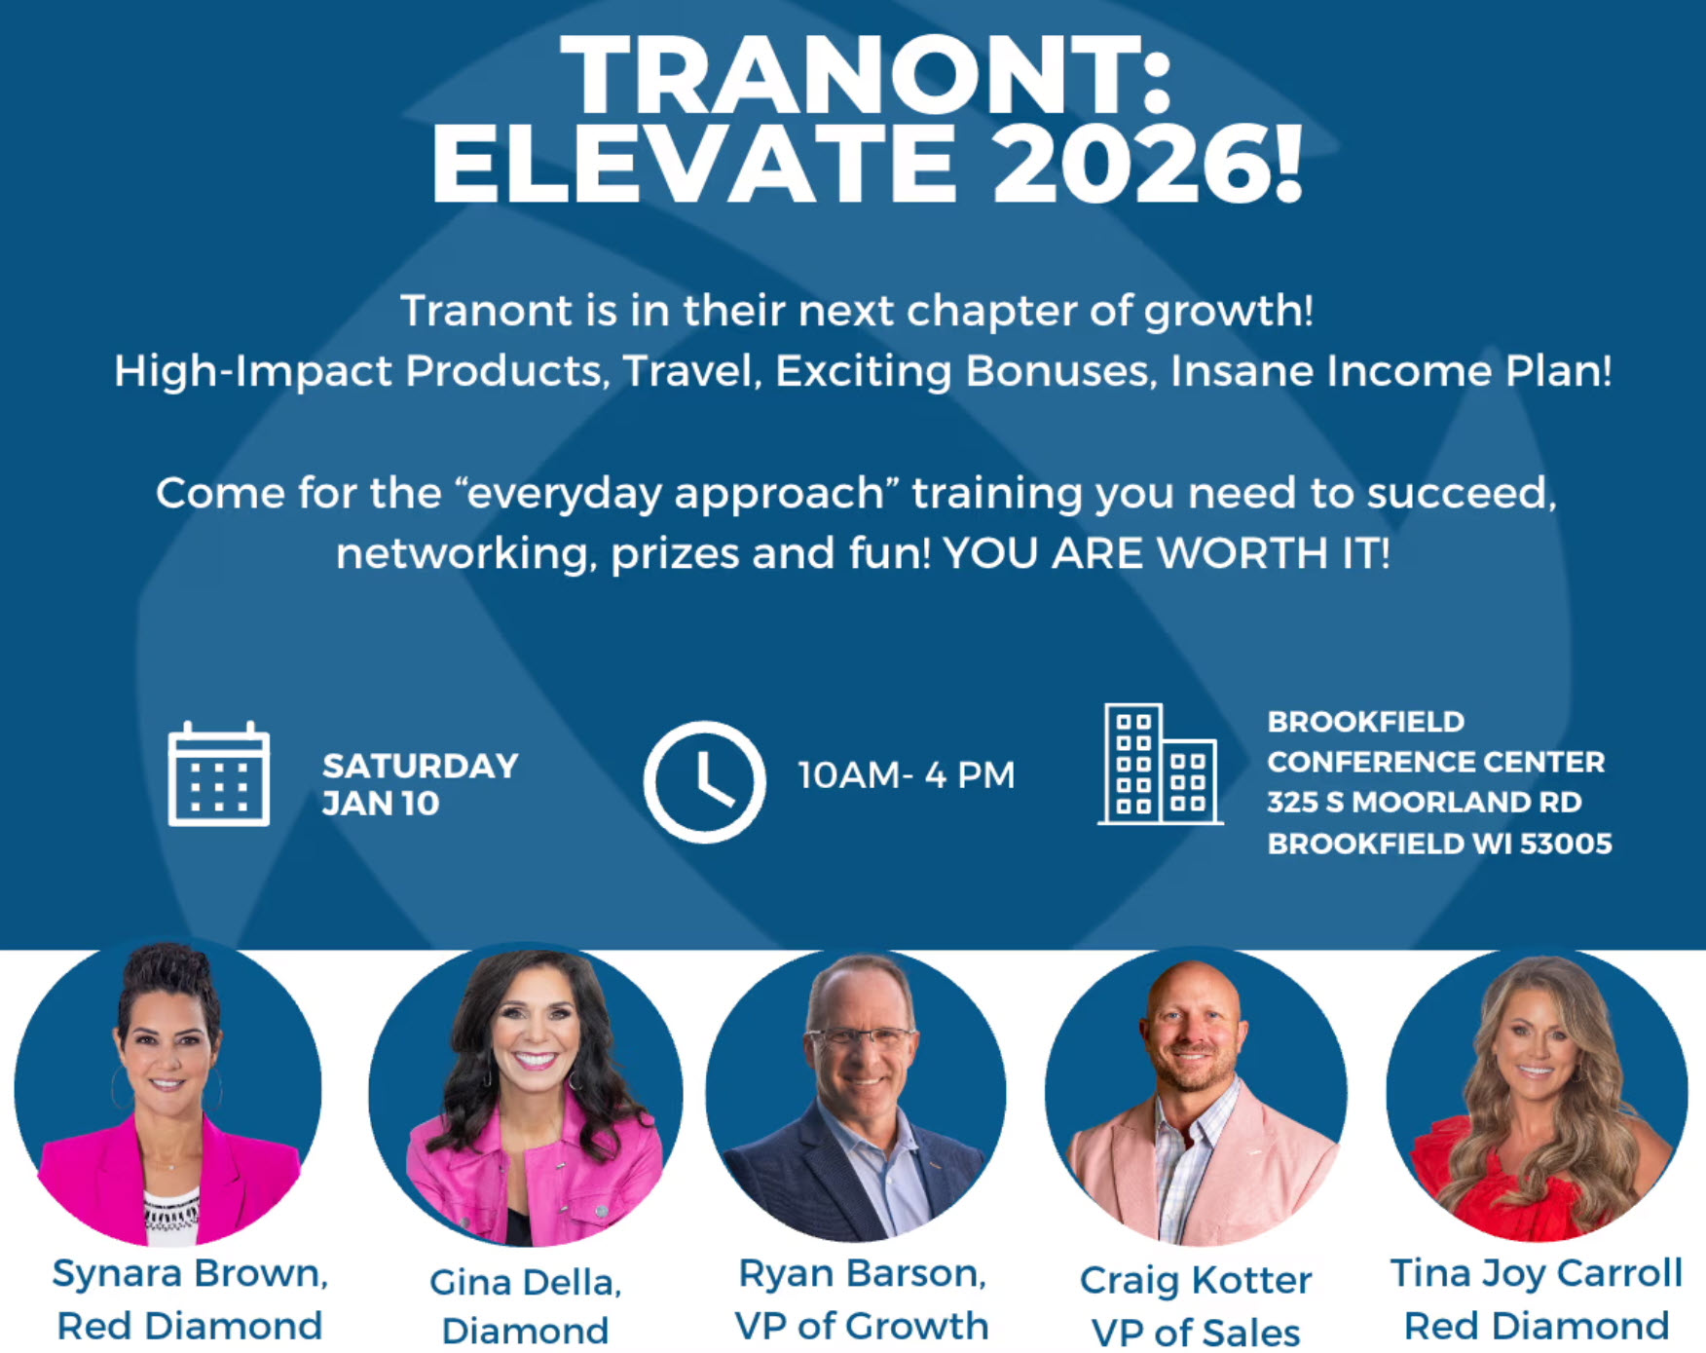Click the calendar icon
click(x=218, y=774)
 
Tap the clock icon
click(x=704, y=781)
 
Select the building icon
click(x=1160, y=765)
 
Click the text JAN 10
click(x=381, y=804)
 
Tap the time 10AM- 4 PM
click(x=907, y=775)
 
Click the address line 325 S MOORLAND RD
click(x=1425, y=803)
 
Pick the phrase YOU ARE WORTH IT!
click(x=1167, y=553)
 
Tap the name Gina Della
click(x=524, y=1282)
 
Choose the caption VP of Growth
click(x=861, y=1326)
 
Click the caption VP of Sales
click(x=1196, y=1332)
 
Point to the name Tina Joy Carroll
click(x=1536, y=1273)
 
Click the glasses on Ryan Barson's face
click(x=862, y=1036)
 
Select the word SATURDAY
click(x=421, y=767)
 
